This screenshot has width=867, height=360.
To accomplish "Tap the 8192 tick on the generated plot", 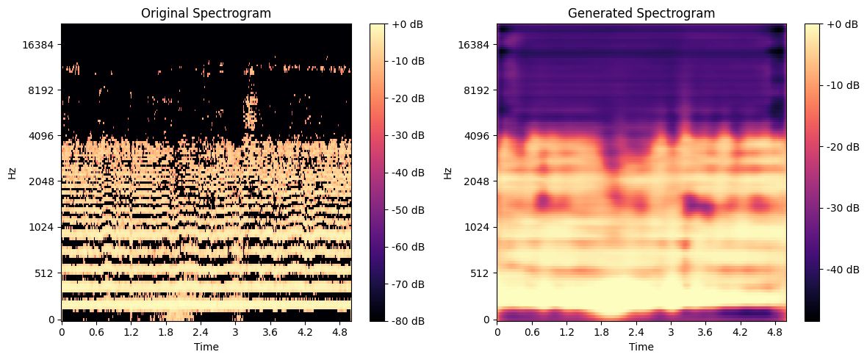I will tap(478, 90).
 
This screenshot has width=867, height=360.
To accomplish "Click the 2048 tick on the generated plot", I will tap(478, 181).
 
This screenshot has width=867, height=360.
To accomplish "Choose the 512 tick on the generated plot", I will tap(481, 273).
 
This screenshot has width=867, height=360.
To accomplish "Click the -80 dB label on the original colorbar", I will tap(407, 321).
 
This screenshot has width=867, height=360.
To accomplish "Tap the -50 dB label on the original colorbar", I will tap(407, 209).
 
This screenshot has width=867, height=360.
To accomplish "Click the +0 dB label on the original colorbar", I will tap(407, 24).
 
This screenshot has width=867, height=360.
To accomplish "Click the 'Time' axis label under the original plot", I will tap(206, 346).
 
